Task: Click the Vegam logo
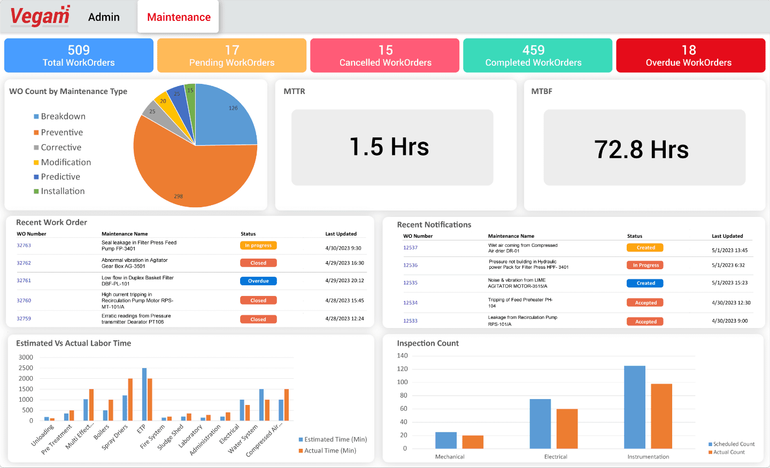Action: pos(40,16)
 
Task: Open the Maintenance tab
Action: pos(179,17)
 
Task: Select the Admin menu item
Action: pos(104,17)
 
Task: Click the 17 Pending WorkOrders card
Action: pos(232,56)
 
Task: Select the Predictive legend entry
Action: pos(60,177)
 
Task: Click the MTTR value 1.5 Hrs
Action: pos(389,147)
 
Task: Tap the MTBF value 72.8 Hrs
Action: pos(641,149)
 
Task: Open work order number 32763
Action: pos(24,246)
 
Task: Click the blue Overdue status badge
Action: pos(258,281)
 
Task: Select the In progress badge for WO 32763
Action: pos(258,246)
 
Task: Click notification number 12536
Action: pos(411,266)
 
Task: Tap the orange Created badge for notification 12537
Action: pos(645,248)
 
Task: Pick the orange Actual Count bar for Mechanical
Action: pos(473,442)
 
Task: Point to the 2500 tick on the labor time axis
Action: pos(26,368)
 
